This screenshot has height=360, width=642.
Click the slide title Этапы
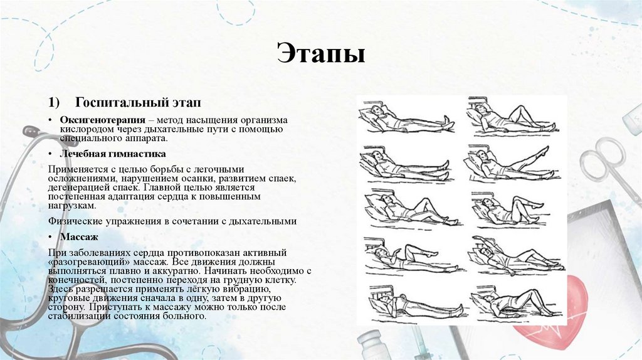point(320,54)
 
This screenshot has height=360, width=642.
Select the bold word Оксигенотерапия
point(100,119)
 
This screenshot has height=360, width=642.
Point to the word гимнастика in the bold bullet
point(138,153)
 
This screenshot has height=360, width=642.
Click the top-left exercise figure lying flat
point(404,119)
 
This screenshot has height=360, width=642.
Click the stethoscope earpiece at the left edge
point(29,132)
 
